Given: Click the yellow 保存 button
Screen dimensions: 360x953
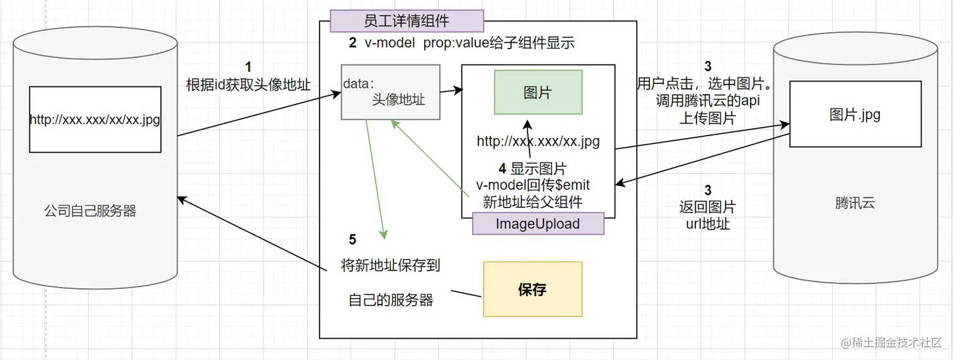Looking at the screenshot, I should click(533, 289).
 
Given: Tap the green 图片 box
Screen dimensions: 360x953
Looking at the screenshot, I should click(538, 92).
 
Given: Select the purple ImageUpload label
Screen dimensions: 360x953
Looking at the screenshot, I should click(538, 224).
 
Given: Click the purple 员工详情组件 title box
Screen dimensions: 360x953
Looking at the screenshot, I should click(407, 21).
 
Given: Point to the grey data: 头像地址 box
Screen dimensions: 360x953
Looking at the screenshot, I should click(390, 92).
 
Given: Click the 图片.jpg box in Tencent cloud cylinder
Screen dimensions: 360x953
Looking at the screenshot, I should click(855, 114).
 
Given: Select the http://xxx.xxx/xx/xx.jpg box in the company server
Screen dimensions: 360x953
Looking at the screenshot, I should click(95, 120).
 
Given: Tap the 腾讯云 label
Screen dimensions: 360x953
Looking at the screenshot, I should click(855, 203).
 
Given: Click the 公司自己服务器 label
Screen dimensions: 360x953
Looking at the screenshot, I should click(91, 211).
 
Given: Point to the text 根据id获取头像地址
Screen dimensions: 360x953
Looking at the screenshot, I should click(248, 85).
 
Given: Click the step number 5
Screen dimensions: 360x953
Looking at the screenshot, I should click(352, 240).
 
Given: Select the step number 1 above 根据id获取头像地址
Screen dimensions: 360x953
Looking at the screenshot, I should click(248, 67).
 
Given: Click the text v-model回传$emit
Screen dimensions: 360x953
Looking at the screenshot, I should click(533, 185).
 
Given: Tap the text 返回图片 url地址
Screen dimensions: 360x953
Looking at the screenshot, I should click(707, 215).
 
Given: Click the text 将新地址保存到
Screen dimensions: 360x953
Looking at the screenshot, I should click(390, 265).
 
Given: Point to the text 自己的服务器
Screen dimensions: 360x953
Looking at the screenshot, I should click(391, 300).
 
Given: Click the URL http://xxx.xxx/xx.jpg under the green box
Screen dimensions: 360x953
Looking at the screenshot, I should click(538, 141).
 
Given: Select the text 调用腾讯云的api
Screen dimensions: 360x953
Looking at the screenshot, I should click(707, 101).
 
